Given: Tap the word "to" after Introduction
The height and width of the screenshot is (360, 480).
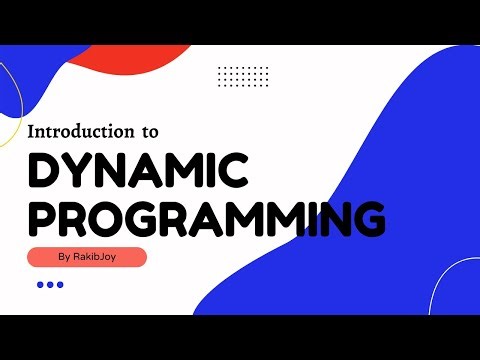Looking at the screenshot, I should [149, 132].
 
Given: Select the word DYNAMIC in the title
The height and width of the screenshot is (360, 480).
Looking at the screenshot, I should [137, 172].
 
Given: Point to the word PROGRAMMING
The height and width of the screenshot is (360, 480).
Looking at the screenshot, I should [206, 218].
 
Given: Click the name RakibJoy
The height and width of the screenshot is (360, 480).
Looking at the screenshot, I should [100, 257].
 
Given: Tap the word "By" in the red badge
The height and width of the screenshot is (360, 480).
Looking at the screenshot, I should [65, 257].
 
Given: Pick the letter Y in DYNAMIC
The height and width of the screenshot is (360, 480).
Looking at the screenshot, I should [79, 172].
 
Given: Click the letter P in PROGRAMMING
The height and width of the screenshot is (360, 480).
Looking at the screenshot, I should [42, 218].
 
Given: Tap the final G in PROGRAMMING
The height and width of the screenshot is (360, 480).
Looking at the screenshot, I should [367, 218].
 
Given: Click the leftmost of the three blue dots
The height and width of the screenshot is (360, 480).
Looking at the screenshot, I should [40, 285].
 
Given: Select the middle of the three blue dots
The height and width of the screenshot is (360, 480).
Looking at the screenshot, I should [50, 285].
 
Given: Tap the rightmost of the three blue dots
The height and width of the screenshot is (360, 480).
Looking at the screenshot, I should [60, 285].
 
